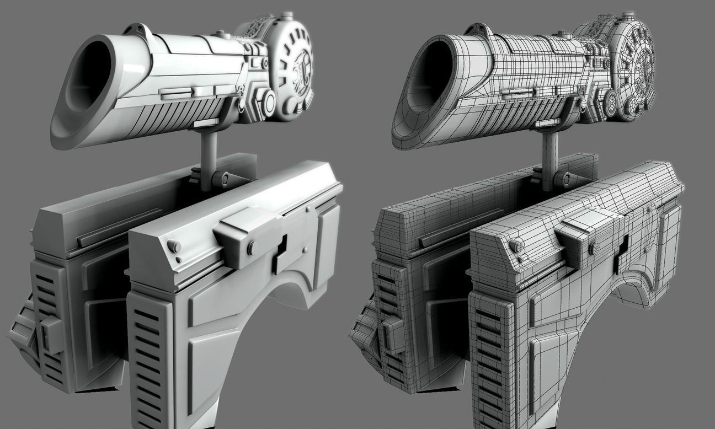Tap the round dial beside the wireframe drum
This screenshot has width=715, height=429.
[611, 101]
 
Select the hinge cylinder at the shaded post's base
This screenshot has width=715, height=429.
[222, 178]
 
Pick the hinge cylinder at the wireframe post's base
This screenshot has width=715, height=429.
[563, 178]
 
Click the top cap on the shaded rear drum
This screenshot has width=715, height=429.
[286, 15]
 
